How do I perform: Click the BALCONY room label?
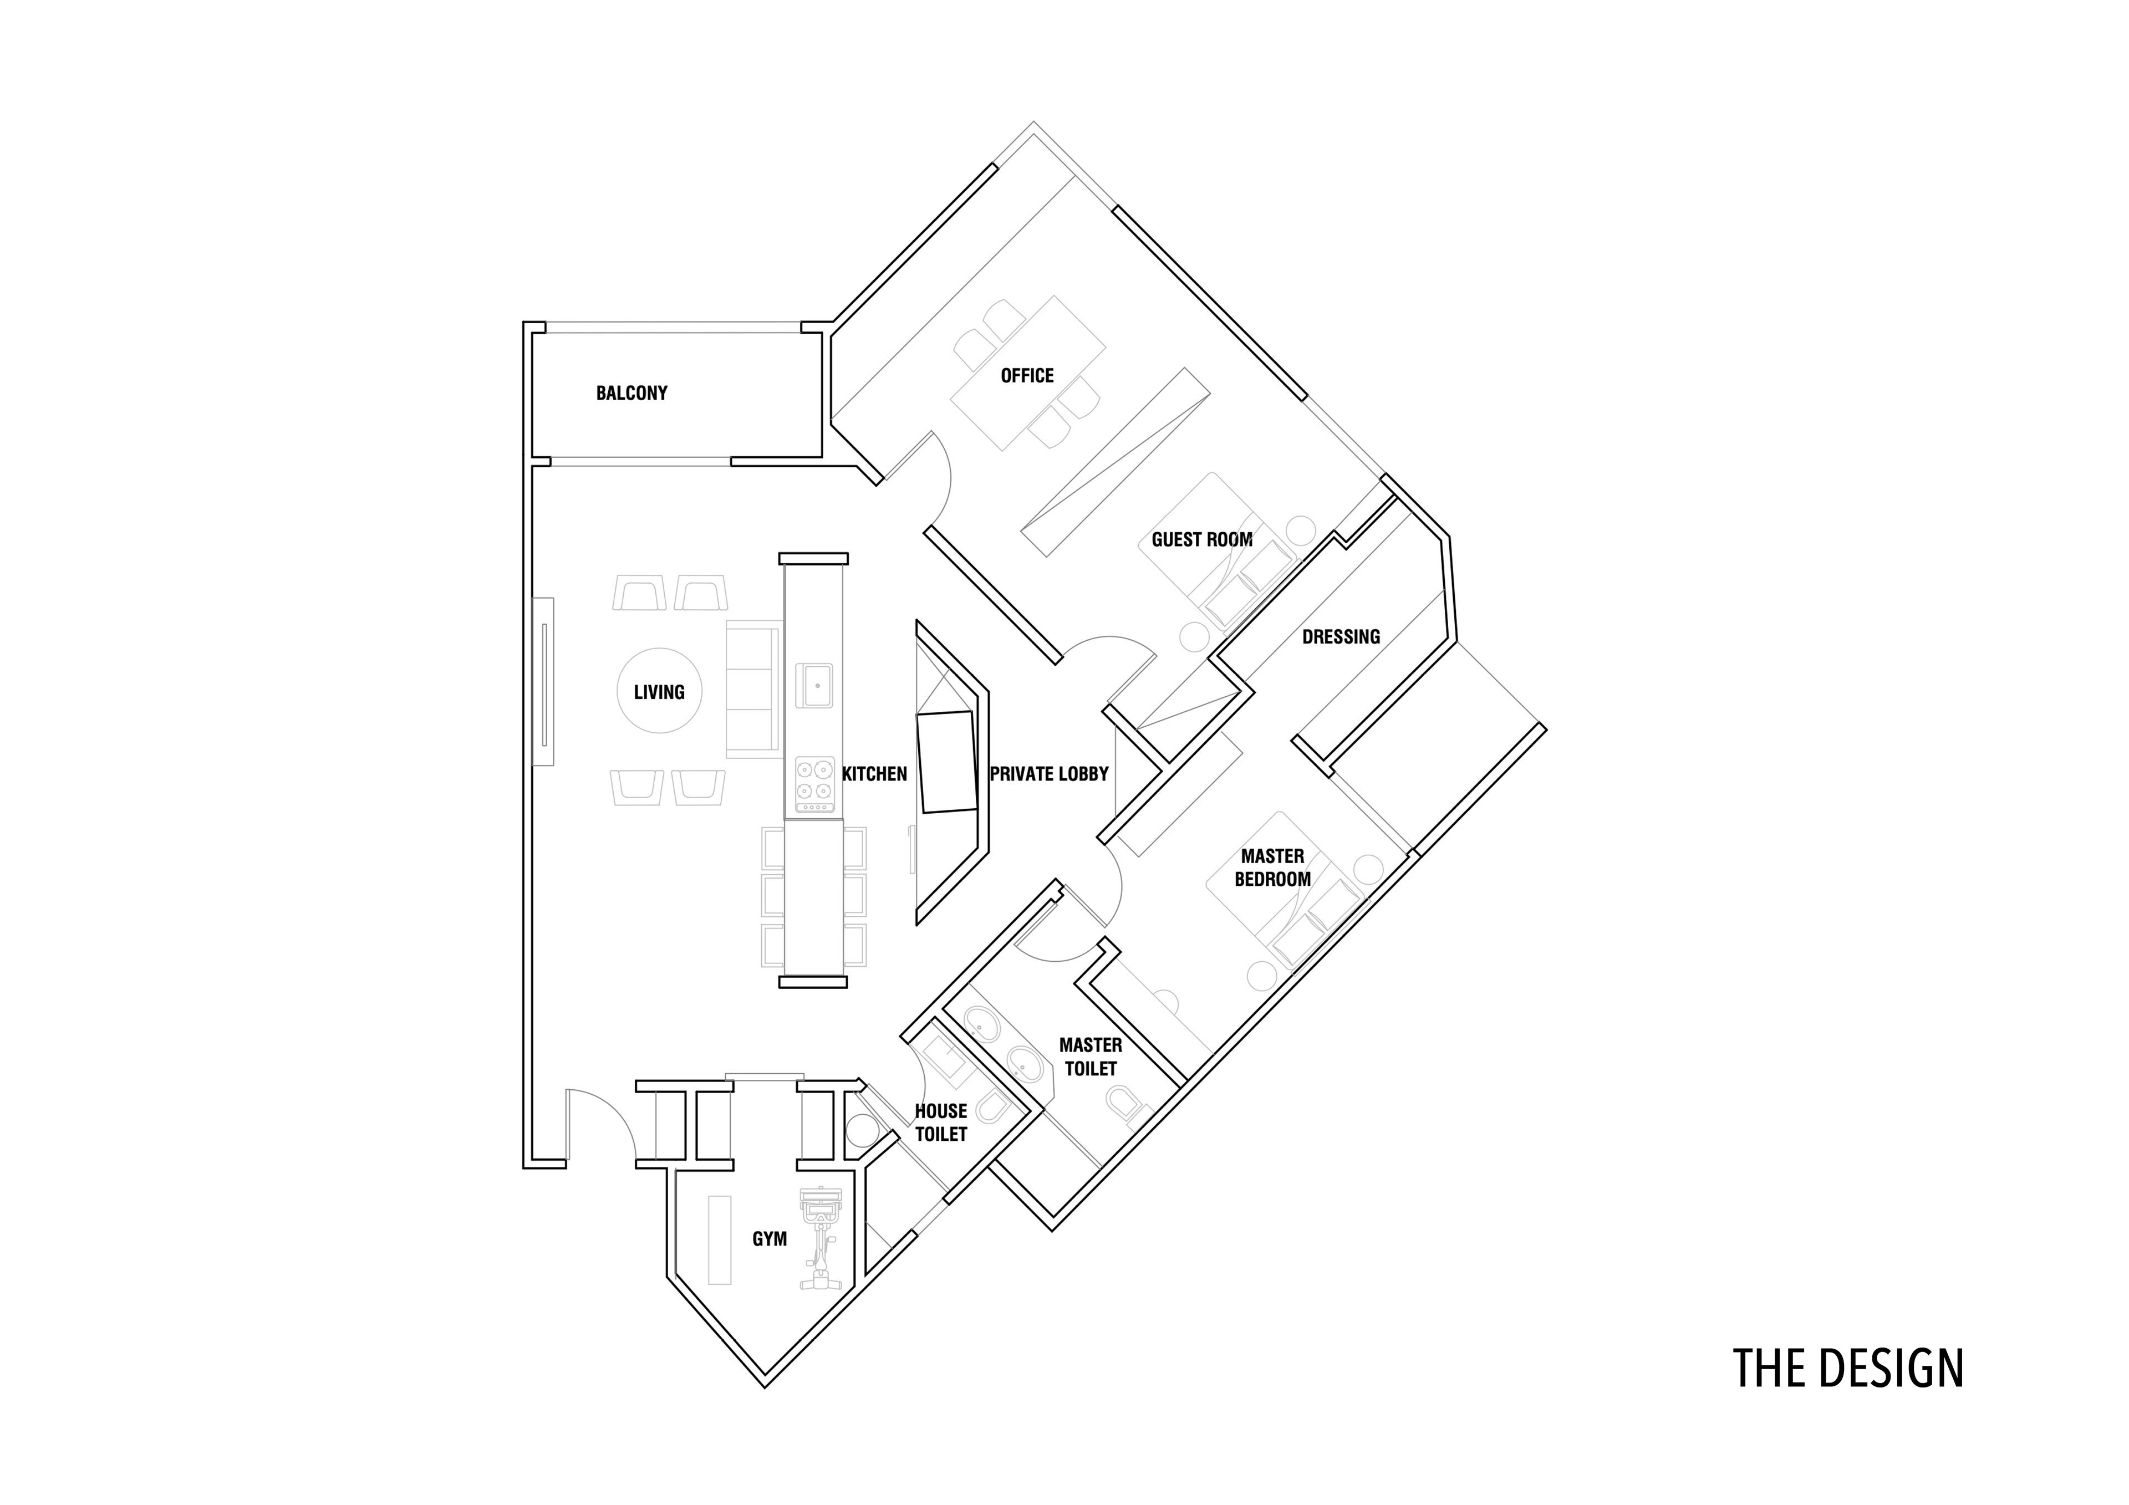[x=631, y=393]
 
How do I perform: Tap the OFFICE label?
[x=1026, y=375]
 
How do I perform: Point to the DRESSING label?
[x=1341, y=636]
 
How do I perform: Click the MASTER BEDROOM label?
[x=1272, y=867]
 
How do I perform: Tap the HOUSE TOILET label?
[x=941, y=1122]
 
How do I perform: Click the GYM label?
[x=770, y=1239]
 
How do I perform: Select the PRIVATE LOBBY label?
[x=1049, y=773]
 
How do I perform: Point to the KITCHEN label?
[x=874, y=773]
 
